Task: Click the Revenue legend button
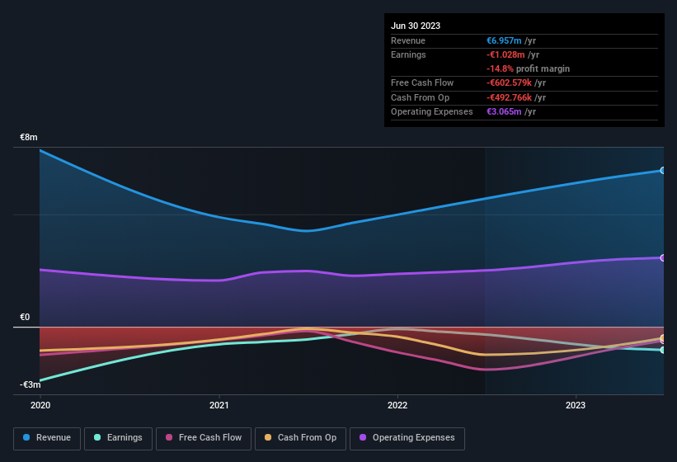point(47,438)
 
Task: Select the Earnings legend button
point(118,438)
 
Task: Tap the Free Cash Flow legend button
point(204,438)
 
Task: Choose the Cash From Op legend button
point(300,438)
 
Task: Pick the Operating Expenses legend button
point(407,438)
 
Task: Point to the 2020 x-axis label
point(40,406)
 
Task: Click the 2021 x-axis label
point(219,406)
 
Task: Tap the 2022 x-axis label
point(397,406)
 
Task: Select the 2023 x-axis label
point(576,406)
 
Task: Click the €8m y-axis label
point(29,137)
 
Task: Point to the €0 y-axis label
point(26,318)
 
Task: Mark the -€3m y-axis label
point(31,385)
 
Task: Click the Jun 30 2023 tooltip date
point(416,26)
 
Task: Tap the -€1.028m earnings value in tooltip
point(505,54)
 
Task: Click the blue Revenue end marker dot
point(663,171)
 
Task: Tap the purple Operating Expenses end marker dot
point(663,258)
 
